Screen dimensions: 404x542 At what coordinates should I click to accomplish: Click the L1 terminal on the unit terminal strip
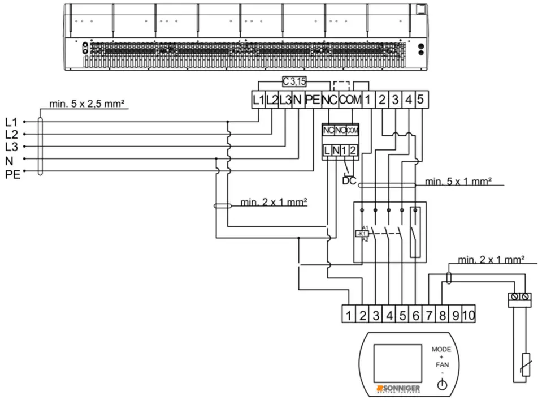tap(258, 100)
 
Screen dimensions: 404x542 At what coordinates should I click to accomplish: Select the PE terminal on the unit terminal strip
tap(313, 100)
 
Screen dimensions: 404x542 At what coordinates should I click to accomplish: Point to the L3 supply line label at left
tap(11, 147)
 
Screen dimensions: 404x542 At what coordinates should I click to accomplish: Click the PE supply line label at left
tap(12, 174)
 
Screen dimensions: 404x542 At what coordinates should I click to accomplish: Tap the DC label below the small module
tap(349, 181)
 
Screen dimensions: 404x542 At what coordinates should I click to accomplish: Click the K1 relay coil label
tap(362, 233)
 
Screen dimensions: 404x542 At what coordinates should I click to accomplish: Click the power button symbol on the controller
tap(442, 386)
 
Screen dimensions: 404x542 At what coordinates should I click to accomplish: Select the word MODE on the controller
tap(441, 349)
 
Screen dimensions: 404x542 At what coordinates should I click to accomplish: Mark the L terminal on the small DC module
tap(327, 150)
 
